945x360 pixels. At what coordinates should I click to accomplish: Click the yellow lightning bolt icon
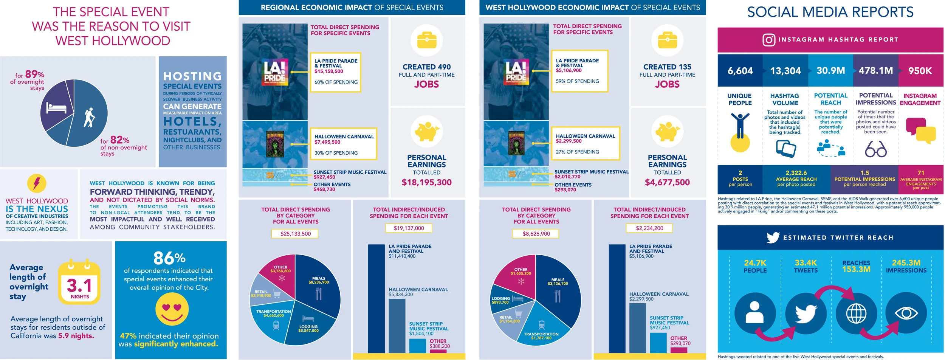(x=37, y=183)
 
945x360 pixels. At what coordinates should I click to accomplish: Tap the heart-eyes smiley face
(x=172, y=309)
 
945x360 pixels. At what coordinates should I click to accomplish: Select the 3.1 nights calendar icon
(x=79, y=283)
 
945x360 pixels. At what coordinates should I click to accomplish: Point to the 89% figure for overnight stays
(x=34, y=74)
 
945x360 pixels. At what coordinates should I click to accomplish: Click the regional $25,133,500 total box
(x=295, y=234)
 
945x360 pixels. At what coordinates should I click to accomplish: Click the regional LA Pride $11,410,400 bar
(x=376, y=299)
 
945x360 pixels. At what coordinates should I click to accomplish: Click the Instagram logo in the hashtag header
(x=768, y=40)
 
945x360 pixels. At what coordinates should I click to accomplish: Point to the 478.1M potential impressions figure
(x=875, y=71)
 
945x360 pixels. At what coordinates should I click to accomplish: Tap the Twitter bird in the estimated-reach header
(x=773, y=237)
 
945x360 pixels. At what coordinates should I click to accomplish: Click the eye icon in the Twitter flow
(x=906, y=313)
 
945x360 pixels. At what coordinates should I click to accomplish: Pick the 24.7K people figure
(x=755, y=263)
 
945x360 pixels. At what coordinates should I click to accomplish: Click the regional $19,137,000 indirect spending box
(x=409, y=228)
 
